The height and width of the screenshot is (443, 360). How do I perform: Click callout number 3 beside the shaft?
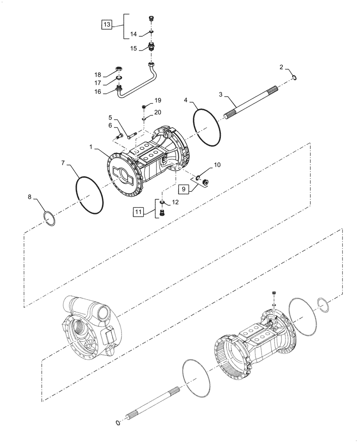220,94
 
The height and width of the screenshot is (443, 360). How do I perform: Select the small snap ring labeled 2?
295,78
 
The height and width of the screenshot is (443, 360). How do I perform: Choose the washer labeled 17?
119,79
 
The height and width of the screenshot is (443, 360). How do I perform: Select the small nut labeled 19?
145,107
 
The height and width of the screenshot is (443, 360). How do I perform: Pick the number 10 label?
217,165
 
